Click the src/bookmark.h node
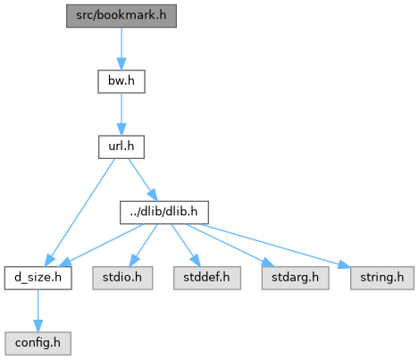click(122, 16)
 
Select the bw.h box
click(122, 81)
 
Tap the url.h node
click(122, 147)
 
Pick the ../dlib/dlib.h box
click(164, 213)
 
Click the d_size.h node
click(38, 278)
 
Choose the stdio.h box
click(122, 278)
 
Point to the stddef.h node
click(207, 278)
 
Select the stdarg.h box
click(295, 278)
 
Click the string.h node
click(382, 278)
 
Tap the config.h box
click(38, 343)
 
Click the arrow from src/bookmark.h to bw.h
click(122, 49)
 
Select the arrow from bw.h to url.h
click(122, 114)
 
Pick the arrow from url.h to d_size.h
click(80, 212)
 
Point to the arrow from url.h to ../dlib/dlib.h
click(143, 180)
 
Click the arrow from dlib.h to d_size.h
click(101, 245)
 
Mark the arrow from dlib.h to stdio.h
click(143, 245)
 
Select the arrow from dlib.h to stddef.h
click(185, 245)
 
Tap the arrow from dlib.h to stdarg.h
click(230, 245)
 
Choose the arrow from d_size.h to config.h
click(38, 311)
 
